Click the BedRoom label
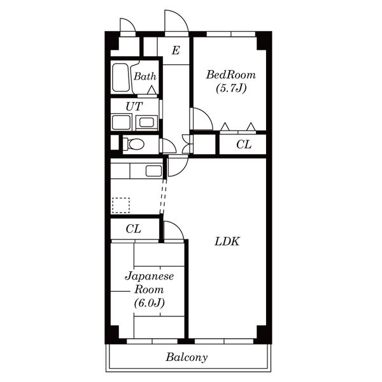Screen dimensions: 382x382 point(231,74)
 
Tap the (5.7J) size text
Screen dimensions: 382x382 point(231,88)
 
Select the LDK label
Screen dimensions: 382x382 point(227,241)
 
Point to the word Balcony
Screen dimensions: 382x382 point(187,357)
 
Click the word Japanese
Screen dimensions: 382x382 point(150,276)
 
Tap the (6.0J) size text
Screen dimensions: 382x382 point(150,303)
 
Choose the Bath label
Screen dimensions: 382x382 point(145,76)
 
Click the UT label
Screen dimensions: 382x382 point(134,106)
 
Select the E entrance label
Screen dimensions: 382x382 point(176,50)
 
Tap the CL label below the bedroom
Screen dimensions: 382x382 point(244,145)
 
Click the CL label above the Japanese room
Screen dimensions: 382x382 point(133,229)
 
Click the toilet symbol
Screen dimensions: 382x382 point(133,145)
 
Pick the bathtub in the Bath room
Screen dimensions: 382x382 point(121,78)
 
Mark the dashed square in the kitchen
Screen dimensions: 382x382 point(120,206)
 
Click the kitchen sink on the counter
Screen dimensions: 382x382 point(153,171)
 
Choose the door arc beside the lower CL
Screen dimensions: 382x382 point(178,227)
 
